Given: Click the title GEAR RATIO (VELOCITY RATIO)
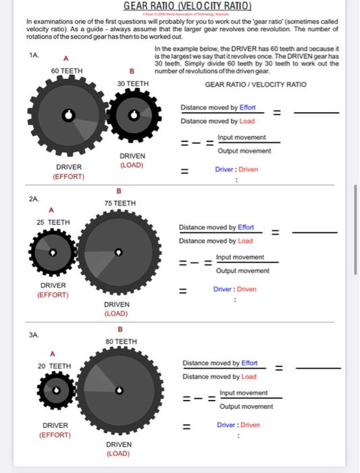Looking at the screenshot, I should tap(187, 6).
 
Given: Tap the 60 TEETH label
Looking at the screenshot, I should tap(67, 71).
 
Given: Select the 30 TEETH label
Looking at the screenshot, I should tap(132, 83).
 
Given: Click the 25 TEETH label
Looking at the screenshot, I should tap(53, 222).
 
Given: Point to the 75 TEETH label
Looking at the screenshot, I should tap(120, 203).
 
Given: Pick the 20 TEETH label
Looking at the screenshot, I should tap(54, 366).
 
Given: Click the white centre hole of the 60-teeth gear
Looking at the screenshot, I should tap(67, 116).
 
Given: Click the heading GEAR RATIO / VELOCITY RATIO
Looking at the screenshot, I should tap(255, 84).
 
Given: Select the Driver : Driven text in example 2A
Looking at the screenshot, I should tap(235, 289).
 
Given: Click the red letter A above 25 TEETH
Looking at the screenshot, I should tap(51, 210).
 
